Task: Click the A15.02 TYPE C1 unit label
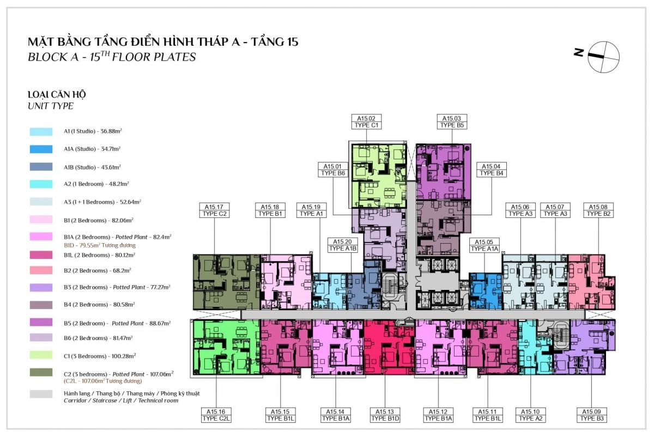tap(366, 122)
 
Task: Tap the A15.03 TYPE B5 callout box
tap(452, 122)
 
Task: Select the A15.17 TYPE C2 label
tap(214, 210)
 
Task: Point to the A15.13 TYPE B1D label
tap(385, 415)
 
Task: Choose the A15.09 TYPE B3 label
tap(591, 415)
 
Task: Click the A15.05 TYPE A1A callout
tap(484, 245)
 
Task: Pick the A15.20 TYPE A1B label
tap(342, 245)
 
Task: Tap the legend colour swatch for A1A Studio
tap(41, 149)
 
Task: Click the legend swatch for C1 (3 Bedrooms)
tap(41, 355)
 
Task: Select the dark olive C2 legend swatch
tap(41, 372)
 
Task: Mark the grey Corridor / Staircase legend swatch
tap(41, 394)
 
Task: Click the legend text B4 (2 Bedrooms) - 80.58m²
tap(99, 305)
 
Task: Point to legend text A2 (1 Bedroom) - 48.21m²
tap(96, 184)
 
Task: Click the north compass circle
tap(603, 57)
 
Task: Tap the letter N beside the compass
tap(579, 52)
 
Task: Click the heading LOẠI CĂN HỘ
tap(57, 95)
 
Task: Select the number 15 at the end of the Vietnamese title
tap(292, 42)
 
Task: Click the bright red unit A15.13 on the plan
tap(389, 347)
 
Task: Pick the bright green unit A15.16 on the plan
tap(226, 347)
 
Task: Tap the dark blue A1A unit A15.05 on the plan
tap(485, 291)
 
